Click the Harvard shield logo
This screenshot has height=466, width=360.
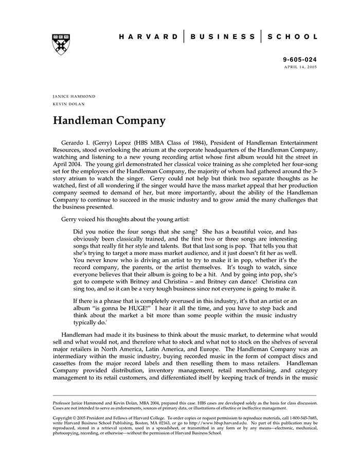click(61, 44)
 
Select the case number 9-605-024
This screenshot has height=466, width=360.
click(300, 60)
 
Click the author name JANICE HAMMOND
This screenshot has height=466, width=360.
click(74, 96)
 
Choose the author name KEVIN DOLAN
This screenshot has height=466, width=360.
click(69, 103)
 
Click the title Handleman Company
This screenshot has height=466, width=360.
click(109, 121)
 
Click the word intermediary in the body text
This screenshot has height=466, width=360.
click(75, 356)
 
